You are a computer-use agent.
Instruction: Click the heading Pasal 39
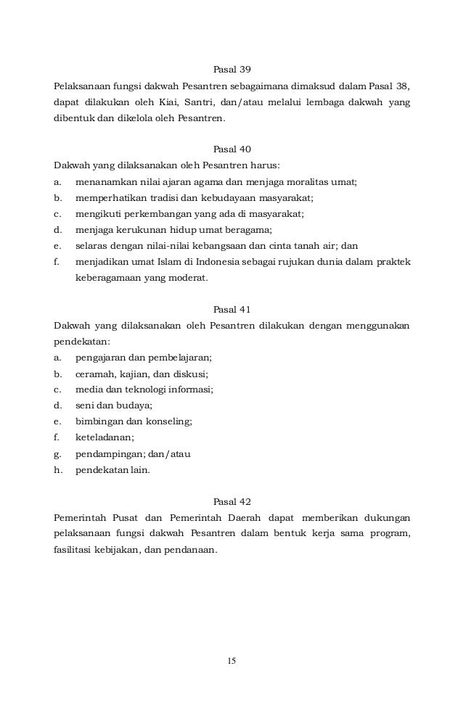[231, 70]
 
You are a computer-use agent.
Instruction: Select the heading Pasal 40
[231, 149]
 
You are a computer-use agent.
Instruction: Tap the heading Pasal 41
[231, 308]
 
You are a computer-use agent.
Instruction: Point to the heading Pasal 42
[231, 501]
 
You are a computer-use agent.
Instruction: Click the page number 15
[231, 661]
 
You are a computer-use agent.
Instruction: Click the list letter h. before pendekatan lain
[57, 469]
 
